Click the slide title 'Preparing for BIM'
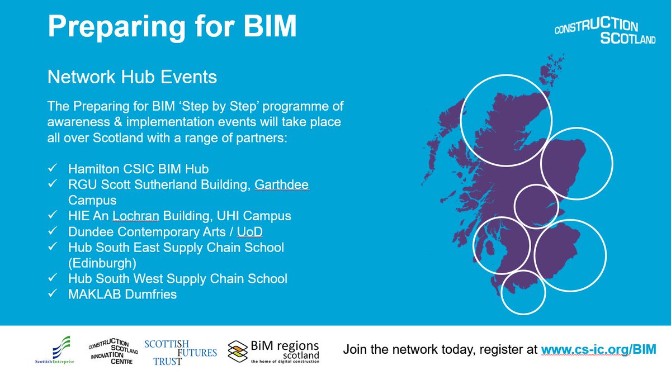[x=172, y=26]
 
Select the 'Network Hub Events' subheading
[x=132, y=76]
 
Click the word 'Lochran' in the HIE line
[x=134, y=215]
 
